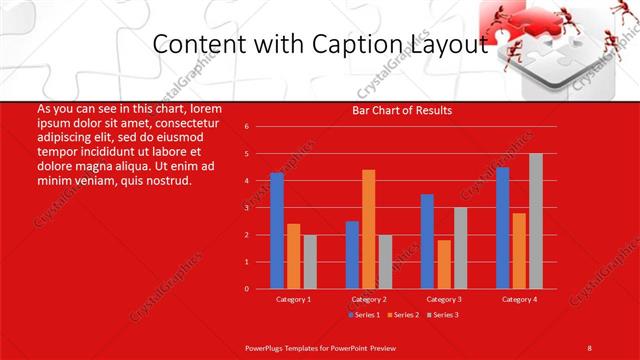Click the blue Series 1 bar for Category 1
tap(277, 231)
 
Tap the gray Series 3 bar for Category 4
tap(536, 221)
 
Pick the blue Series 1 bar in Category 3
tap(427, 241)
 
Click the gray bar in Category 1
tap(310, 262)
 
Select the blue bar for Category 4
tap(502, 228)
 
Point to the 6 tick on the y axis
tap(246, 127)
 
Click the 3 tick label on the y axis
tap(246, 208)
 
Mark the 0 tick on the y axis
tap(246, 289)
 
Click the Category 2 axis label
tap(368, 299)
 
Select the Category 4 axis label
tap(519, 299)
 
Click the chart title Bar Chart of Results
tap(402, 110)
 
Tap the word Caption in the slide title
tap(374, 44)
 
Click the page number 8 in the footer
tap(589, 346)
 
